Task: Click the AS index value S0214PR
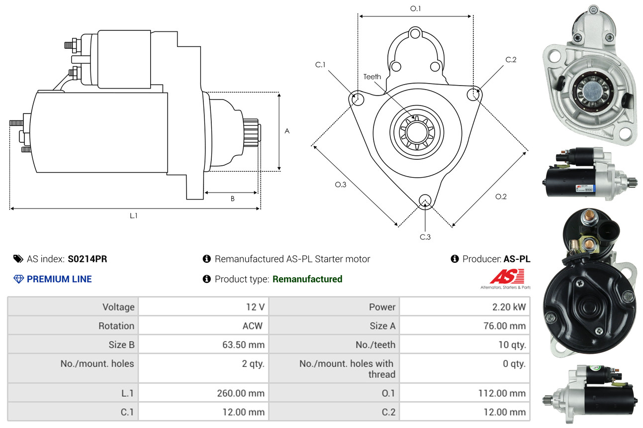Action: point(88,259)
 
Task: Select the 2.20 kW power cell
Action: point(509,307)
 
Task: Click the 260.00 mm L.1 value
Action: point(241,393)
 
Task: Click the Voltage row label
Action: point(118,307)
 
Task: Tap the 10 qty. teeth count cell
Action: point(512,344)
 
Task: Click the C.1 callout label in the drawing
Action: point(320,65)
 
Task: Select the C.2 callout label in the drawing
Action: point(511,60)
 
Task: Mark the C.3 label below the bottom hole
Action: point(425,237)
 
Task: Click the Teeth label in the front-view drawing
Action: point(372,77)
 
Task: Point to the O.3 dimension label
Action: point(340,185)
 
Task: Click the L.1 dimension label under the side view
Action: point(133,215)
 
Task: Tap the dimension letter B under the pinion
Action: point(232,199)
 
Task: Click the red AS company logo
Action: point(507,277)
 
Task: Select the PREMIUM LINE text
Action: point(59,279)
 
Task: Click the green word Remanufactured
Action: point(307,279)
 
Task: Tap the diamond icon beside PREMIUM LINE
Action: point(18,279)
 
